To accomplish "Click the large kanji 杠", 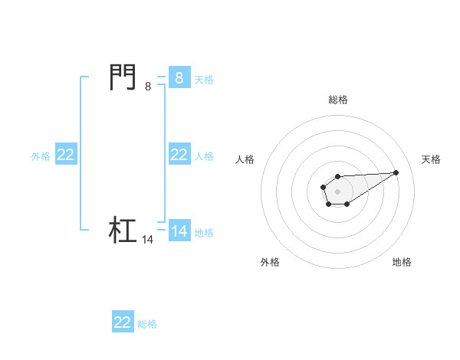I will tap(123, 230).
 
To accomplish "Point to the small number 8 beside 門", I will tap(148, 87).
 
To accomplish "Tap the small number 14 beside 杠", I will tap(148, 240).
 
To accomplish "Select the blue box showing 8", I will tap(179, 78).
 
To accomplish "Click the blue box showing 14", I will tap(179, 231).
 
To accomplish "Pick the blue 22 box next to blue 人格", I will tap(179, 155).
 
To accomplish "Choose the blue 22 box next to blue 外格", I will tap(65, 155).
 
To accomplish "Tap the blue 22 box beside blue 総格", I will tap(123, 322).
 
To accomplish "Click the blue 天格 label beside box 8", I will tap(204, 79).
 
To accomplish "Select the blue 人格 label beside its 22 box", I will tap(204, 155).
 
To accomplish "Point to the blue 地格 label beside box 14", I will tap(204, 232).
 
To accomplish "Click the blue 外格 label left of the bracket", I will tap(41, 155).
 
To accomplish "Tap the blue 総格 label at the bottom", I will tap(147, 324).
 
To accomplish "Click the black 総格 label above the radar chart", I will tap(338, 100).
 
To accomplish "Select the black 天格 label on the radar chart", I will tap(432, 159).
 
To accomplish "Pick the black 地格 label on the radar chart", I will tap(402, 262).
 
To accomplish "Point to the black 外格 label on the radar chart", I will tap(270, 262).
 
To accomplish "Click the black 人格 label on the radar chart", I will tap(245, 159).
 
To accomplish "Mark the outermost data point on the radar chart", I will tap(396, 172).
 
